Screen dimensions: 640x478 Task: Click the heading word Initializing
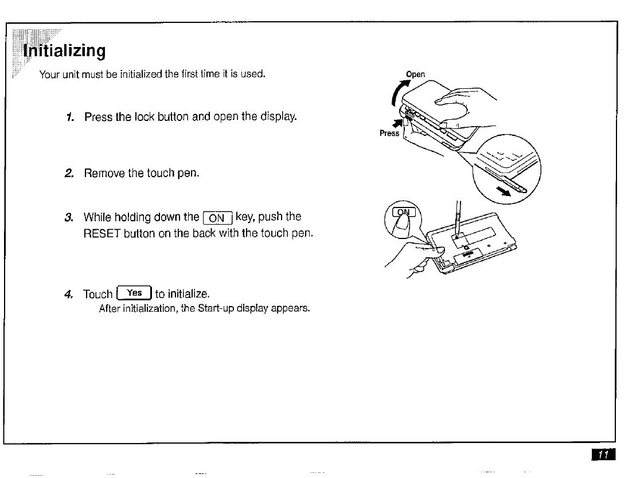click(x=64, y=51)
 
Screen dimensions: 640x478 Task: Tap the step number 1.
click(x=69, y=117)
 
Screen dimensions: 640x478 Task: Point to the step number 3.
click(x=69, y=217)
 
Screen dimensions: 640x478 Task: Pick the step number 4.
click(x=69, y=294)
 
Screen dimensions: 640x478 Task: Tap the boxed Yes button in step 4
click(x=134, y=293)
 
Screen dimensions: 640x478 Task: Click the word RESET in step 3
click(x=103, y=233)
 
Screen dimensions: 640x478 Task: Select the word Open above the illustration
click(x=415, y=74)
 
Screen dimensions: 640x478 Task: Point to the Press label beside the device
click(x=389, y=134)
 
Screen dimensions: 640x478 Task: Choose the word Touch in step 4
click(x=97, y=294)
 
